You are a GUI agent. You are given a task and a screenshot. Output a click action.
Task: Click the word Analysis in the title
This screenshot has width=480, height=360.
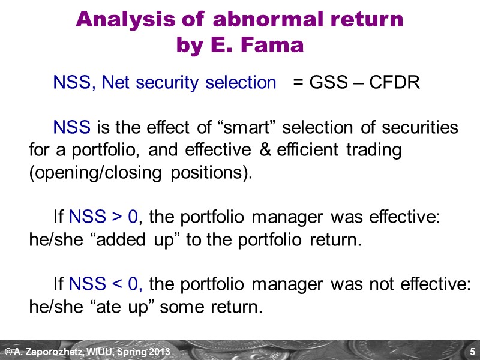[x=115, y=20]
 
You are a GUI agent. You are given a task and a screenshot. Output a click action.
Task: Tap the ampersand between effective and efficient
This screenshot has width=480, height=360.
[x=266, y=150]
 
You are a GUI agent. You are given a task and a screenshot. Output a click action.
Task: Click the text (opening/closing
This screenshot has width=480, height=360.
[x=92, y=172]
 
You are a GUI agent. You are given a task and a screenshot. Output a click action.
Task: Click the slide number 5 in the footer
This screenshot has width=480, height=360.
[x=472, y=351]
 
